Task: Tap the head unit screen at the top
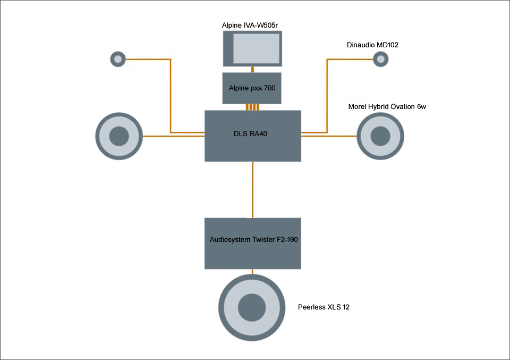[x=252, y=48]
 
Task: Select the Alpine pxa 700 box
[x=252, y=88]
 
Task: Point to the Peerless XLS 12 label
[x=324, y=307]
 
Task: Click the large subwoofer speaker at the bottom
[x=252, y=307]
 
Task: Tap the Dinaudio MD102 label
[x=373, y=45]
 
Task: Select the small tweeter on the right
[x=380, y=59]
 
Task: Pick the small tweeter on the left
[x=117, y=58]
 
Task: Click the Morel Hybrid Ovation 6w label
[x=387, y=107]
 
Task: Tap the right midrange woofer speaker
[x=380, y=136]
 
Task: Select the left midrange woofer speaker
[x=119, y=137]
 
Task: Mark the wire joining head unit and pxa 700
[x=253, y=69]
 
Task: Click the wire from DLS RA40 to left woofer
[x=173, y=137]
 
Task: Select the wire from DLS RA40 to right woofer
[x=329, y=137]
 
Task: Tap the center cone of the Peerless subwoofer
[x=252, y=307]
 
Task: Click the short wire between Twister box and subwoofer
[x=253, y=272]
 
